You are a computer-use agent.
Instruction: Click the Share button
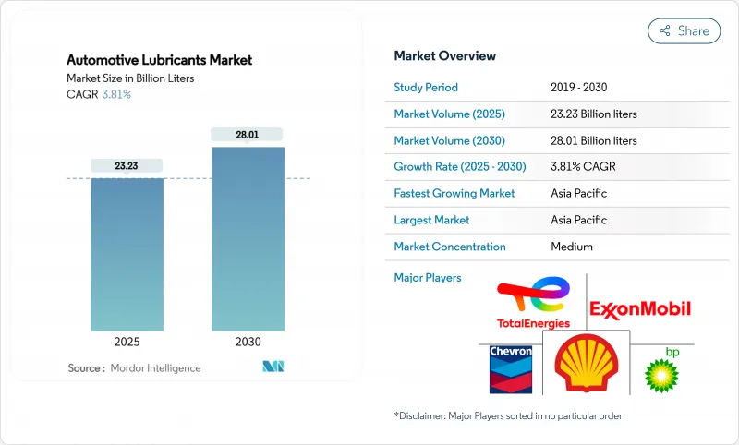[x=684, y=30]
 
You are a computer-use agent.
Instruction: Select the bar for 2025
[x=127, y=254]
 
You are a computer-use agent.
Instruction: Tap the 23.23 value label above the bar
[x=127, y=165]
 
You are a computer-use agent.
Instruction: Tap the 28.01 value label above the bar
[x=248, y=135]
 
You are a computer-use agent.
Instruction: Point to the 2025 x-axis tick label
[x=127, y=342]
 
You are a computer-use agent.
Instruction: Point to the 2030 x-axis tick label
[x=248, y=342]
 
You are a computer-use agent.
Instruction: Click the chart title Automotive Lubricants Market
[x=159, y=60]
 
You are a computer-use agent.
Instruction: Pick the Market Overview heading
[x=444, y=56]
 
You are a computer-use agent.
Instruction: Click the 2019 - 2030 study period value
[x=579, y=88]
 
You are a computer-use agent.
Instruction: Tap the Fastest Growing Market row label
[x=454, y=194]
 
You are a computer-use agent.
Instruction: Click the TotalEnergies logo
[x=533, y=302]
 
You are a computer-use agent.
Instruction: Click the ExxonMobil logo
[x=639, y=308]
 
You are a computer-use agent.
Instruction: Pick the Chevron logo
[x=511, y=367]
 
